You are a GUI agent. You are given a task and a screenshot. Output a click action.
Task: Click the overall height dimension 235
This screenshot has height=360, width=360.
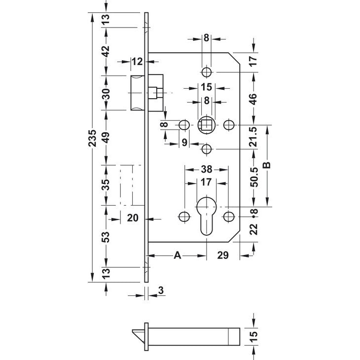92,138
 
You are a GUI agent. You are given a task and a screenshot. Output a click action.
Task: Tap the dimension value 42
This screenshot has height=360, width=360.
106,51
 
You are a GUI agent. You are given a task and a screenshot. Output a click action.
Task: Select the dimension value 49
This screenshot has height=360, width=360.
106,137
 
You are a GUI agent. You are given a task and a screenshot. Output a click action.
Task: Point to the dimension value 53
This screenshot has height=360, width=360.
106,237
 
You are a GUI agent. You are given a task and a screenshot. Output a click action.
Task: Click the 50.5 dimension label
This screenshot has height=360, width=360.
254,177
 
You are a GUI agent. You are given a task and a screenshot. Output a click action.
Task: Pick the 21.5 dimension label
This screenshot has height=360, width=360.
254,137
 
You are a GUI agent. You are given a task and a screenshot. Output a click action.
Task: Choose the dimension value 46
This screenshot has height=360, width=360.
253,99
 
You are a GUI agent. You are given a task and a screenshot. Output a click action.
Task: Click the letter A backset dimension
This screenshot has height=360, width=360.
178,255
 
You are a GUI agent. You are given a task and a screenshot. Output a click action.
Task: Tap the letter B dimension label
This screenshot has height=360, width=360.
267,165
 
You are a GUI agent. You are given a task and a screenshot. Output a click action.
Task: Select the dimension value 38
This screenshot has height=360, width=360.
207,170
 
